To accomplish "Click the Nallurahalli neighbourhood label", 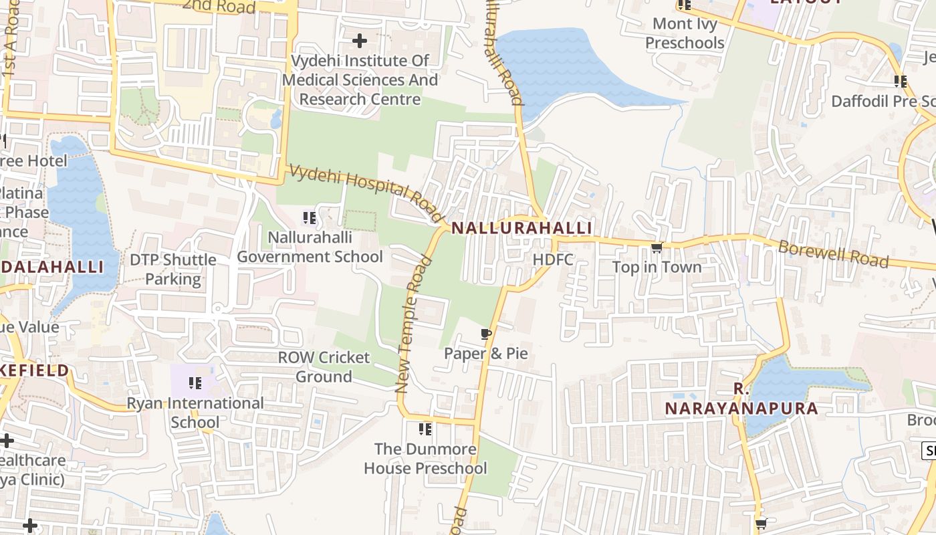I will click(521, 228).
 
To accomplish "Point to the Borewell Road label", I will click(833, 253).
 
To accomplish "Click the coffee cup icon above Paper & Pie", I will click(486, 334).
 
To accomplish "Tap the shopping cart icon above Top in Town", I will click(657, 248).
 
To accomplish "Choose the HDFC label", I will click(553, 259).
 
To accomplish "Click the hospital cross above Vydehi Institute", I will click(360, 41).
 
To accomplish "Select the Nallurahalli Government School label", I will click(310, 247).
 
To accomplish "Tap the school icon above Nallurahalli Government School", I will click(309, 218).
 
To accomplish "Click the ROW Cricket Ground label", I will click(324, 366).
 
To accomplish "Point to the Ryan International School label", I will click(195, 413).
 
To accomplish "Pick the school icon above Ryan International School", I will click(195, 383).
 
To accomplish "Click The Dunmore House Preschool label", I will click(425, 458).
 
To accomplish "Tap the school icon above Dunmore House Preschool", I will click(425, 429).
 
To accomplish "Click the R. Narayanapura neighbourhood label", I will click(741, 399).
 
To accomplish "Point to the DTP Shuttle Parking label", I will click(173, 269).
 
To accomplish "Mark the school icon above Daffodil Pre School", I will click(900, 82).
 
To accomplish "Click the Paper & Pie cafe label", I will click(486, 354).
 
